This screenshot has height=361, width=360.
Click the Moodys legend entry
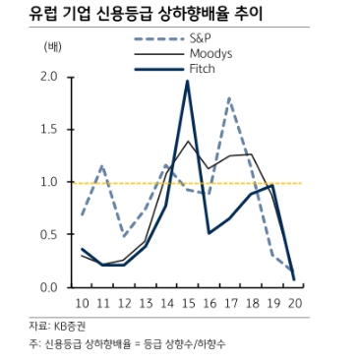click(210, 53)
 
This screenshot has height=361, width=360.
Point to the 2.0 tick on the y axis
click(49, 77)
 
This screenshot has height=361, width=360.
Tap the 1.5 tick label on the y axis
click(49, 129)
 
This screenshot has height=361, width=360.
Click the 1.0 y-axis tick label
click(49, 182)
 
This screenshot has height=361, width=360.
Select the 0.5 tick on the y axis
click(49, 234)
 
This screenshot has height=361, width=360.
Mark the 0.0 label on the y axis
click(49, 287)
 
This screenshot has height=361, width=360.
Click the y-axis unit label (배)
click(51, 46)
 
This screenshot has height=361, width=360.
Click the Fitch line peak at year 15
click(187, 81)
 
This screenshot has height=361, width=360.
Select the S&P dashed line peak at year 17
click(229, 97)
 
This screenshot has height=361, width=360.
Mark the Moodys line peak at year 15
click(187, 142)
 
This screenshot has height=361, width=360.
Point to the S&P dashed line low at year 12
click(124, 236)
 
